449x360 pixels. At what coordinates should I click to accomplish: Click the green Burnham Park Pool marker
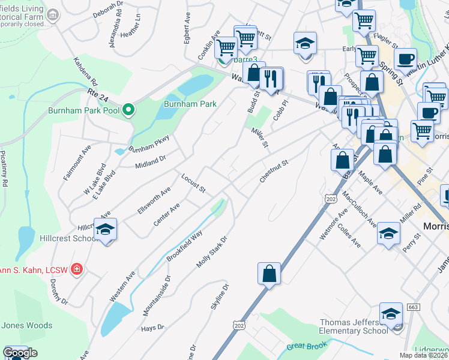[x=127, y=110]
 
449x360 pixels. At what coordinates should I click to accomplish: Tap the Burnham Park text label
[x=190, y=104]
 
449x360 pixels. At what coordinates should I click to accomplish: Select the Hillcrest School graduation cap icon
[x=105, y=230]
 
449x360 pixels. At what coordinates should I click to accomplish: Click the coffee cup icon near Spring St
[x=406, y=59]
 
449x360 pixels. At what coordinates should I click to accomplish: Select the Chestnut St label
[x=274, y=171]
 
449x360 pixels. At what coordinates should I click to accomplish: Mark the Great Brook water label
[x=307, y=346]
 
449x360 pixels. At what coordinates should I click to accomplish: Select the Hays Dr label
[x=152, y=328]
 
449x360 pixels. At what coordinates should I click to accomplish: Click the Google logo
[x=20, y=353]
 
